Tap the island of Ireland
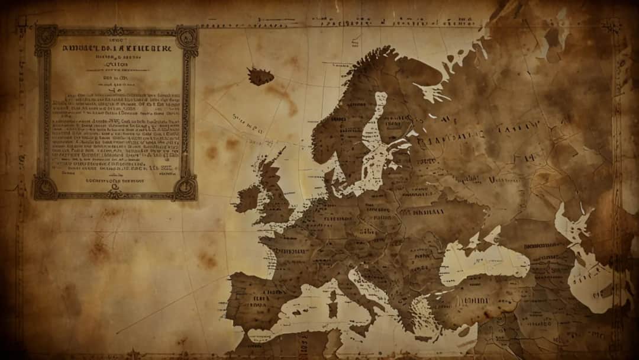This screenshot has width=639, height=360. pos(248,198)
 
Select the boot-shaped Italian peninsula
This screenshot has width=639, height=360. pos(361,296)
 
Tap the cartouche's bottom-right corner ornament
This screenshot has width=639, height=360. pos(186,188)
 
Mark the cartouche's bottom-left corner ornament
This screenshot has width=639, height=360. pos(44,188)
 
